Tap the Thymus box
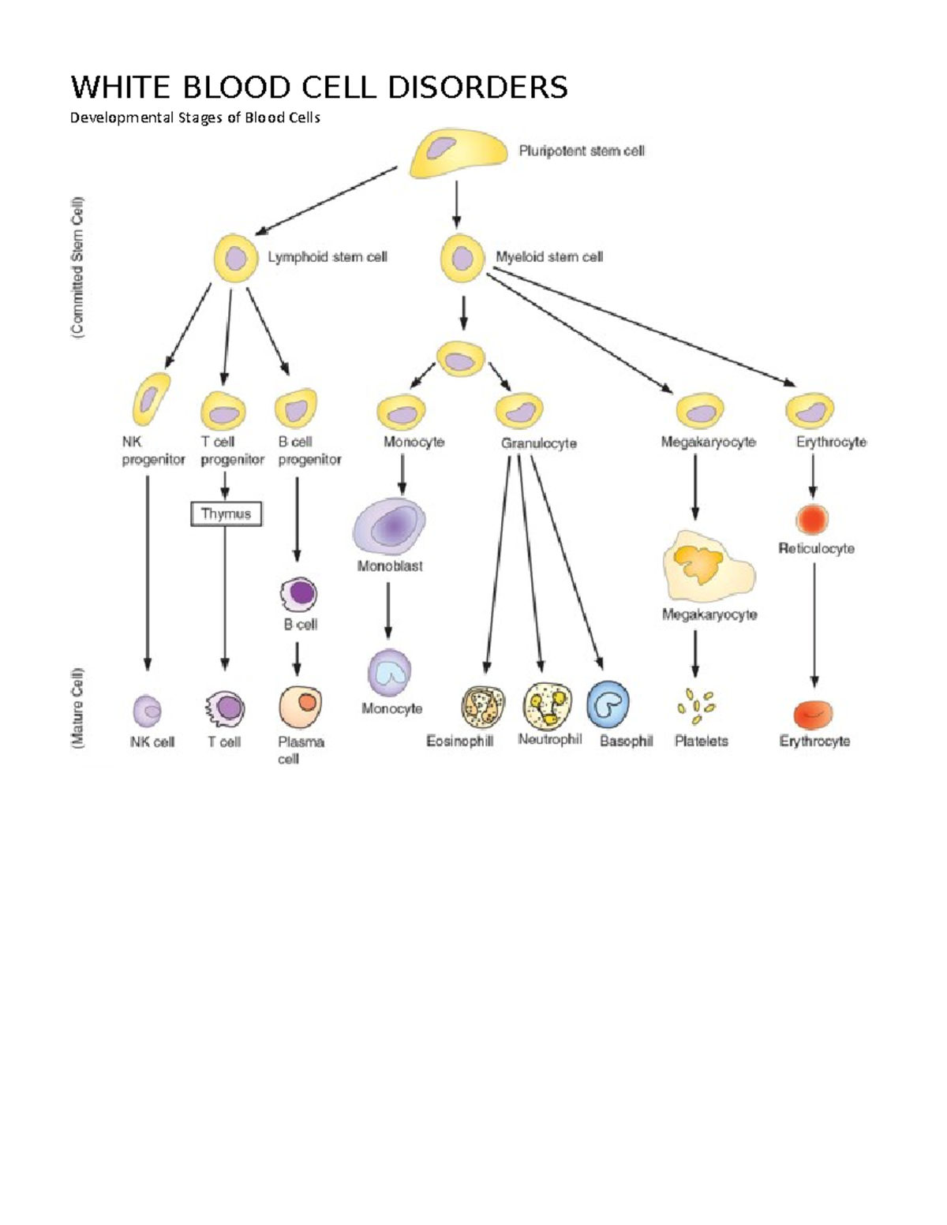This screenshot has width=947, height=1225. point(226,514)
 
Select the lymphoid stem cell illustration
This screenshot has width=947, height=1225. point(235,258)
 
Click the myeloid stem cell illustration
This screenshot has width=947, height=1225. point(462,258)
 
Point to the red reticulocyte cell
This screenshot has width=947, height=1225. point(812,520)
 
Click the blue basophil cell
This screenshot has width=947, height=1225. point(608,704)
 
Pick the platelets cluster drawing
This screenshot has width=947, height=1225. point(695,705)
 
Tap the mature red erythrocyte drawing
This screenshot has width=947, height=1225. point(813,713)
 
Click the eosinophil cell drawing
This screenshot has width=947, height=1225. point(483,707)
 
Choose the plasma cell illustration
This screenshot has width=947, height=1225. point(301,707)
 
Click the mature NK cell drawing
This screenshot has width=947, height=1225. point(148,711)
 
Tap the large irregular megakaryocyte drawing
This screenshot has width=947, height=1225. point(707,566)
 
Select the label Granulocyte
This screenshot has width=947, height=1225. point(538,444)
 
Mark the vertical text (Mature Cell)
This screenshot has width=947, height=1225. point(77,708)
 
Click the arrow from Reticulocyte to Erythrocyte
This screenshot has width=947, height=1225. point(814,623)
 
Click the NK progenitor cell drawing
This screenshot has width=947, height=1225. point(151,399)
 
